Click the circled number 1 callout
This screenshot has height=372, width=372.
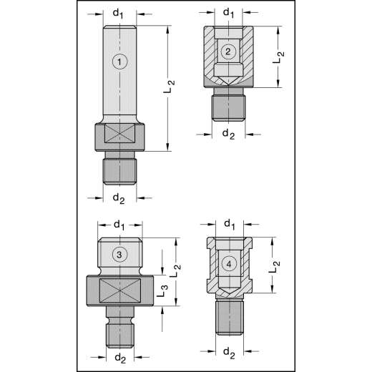tap(120, 62)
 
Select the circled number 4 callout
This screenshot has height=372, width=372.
tap(228, 263)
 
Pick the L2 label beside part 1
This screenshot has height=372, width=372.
tap(170, 87)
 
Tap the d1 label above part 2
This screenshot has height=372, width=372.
tap(229, 12)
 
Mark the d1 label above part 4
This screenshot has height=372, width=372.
tap(229, 225)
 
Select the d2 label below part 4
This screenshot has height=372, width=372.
tap(229, 351)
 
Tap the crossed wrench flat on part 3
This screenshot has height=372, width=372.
tap(119, 292)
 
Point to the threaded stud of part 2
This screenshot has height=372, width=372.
tap(228, 107)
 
